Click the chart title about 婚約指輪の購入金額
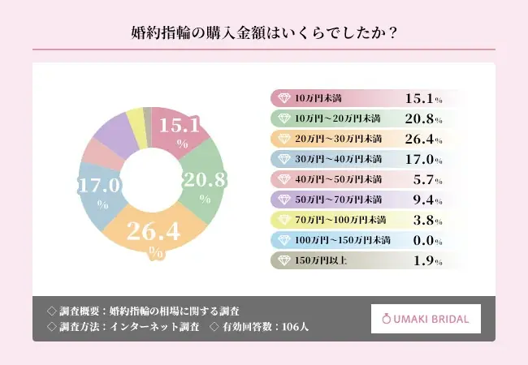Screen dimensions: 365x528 tap(264, 33)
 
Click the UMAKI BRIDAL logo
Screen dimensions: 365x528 tap(426, 319)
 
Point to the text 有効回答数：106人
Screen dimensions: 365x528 tap(265, 327)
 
